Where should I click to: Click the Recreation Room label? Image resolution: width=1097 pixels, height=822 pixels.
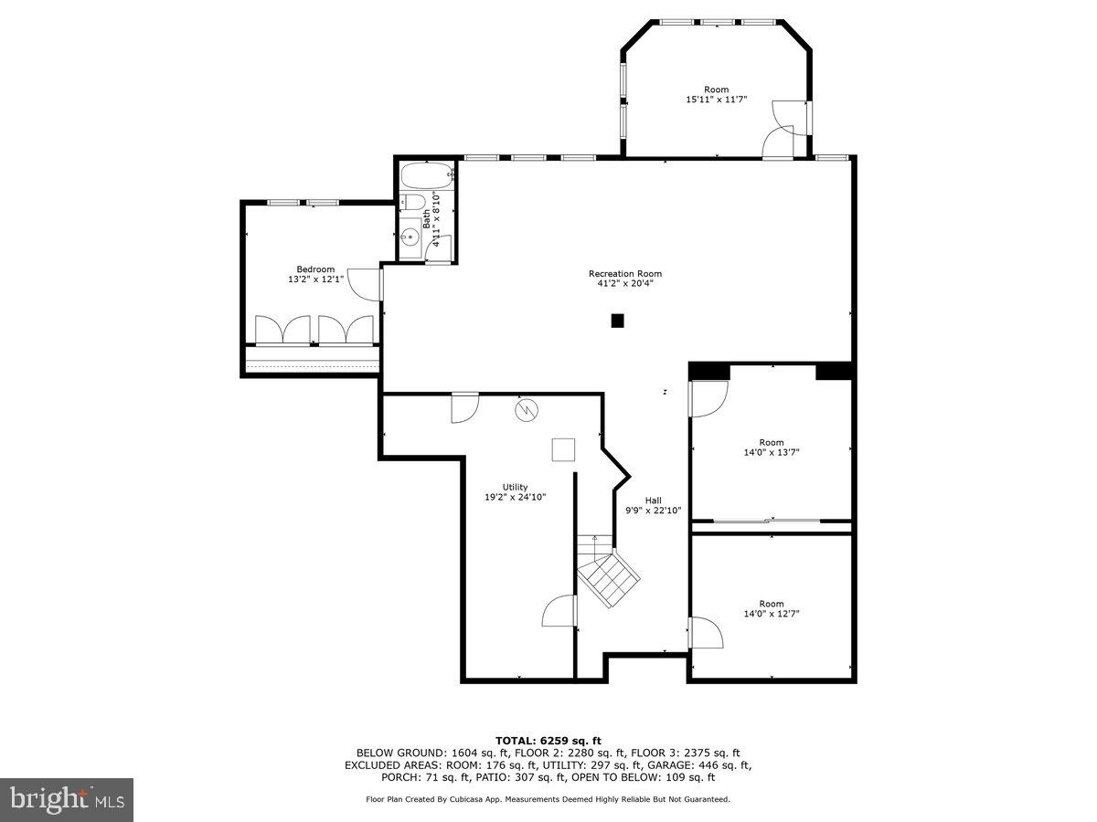click(624, 273)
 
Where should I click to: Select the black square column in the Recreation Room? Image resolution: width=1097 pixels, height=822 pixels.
click(618, 321)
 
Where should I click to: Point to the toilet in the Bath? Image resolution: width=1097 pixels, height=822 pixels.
click(412, 202)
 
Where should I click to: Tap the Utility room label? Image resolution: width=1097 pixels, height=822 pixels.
click(515, 487)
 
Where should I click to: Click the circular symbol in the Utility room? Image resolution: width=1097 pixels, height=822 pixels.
click(527, 411)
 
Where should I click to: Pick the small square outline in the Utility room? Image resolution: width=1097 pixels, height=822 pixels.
click(563, 450)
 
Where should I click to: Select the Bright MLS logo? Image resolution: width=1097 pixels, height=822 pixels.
click(67, 800)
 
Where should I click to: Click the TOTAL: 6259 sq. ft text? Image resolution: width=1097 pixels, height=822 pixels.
click(548, 740)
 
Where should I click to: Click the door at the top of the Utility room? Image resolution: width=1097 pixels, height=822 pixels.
click(464, 407)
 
